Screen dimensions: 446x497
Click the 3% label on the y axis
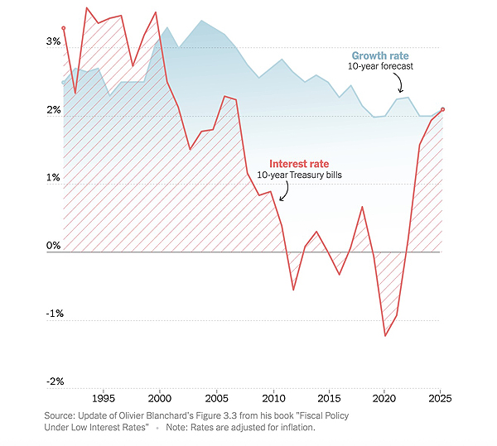(53, 42)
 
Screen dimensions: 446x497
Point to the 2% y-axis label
(53, 111)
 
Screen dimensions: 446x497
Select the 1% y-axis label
(53, 179)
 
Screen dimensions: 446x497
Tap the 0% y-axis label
(53, 246)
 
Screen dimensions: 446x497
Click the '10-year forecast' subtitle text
(381, 66)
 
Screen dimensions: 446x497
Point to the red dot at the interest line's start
(63, 28)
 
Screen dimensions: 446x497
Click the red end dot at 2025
(442, 109)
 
